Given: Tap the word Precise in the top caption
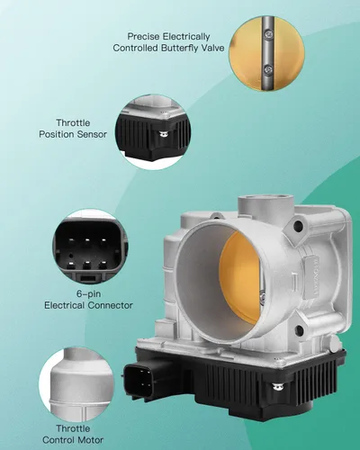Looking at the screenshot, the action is tap(144, 37).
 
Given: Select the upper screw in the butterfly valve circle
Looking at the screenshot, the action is tap(268, 35).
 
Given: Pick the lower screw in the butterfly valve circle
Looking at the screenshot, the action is tap(268, 70).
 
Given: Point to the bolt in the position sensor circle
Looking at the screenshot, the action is tap(164, 134).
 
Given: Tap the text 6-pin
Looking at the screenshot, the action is tap(88, 294).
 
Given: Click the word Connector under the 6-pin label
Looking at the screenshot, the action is tap(111, 305).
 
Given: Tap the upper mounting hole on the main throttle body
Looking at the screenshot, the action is tap(298, 226).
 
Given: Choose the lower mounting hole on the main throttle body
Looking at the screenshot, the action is tap(299, 330).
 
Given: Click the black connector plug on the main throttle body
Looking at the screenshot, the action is tap(141, 379).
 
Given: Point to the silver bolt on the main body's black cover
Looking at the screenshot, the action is tap(278, 387).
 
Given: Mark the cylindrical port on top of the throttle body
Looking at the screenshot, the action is tap(265, 206).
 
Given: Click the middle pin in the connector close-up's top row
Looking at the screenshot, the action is tap(87, 240).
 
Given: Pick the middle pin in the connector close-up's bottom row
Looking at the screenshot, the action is tap(87, 265).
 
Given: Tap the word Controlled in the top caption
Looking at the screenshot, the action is tap(135, 48).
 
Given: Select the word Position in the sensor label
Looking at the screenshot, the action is tap(58, 134).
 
